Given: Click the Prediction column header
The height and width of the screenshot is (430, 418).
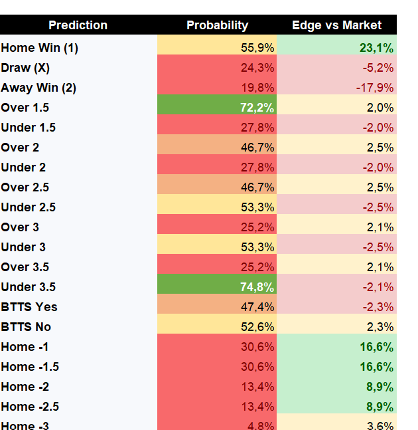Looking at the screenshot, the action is pyautogui.click(x=78, y=25).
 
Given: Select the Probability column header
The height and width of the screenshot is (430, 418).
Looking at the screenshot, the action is pyautogui.click(x=218, y=25).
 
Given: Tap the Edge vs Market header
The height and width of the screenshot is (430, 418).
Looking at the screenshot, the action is pyautogui.click(x=336, y=25).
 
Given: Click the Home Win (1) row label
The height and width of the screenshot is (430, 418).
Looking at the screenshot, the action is pyautogui.click(x=39, y=48).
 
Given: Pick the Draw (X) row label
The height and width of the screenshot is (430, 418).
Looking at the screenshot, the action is pyautogui.click(x=25, y=68).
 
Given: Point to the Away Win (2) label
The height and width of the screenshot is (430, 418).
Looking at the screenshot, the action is pyautogui.click(x=38, y=88).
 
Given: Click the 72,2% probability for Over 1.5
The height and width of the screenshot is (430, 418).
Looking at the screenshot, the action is pyautogui.click(x=257, y=108).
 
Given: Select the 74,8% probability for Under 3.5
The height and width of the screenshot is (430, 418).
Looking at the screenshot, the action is pyautogui.click(x=257, y=287).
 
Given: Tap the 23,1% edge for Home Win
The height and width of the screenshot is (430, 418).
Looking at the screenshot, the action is pyautogui.click(x=376, y=48).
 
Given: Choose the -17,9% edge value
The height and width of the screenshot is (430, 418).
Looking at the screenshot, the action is pyautogui.click(x=375, y=88).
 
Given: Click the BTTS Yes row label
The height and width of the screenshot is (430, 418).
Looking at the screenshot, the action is pyautogui.click(x=29, y=307).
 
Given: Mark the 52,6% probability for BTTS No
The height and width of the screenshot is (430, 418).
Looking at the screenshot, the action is pyautogui.click(x=257, y=327).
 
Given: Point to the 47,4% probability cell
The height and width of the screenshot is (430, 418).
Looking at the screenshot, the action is pyautogui.click(x=257, y=307).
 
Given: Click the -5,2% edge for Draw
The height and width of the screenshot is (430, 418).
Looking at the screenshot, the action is pyautogui.click(x=378, y=68).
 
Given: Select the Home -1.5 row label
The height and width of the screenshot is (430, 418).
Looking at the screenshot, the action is pyautogui.click(x=30, y=367).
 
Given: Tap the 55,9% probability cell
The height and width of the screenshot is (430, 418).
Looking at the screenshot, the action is pyautogui.click(x=257, y=48).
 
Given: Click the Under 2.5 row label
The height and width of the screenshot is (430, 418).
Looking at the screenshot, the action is pyautogui.click(x=28, y=207).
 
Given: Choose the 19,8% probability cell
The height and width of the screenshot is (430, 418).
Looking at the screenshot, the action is pyautogui.click(x=257, y=88).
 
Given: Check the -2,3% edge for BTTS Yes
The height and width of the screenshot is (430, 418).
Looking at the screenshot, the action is pyautogui.click(x=378, y=307).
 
